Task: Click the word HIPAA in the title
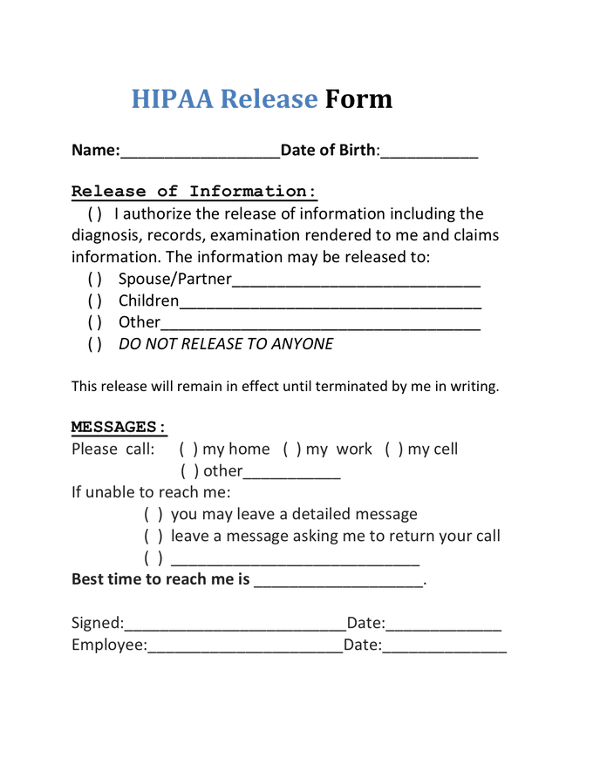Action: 172,98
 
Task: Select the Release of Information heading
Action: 194,192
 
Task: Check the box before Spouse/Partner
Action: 95,280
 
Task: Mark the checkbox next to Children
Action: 95,301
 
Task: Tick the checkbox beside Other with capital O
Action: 95,322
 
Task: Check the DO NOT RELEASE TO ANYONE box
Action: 95,344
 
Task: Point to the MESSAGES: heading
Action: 119,427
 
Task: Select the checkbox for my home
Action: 188,449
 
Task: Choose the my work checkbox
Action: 292,449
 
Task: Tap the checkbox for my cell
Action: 394,449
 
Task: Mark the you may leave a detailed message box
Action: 153,515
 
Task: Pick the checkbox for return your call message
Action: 153,537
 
